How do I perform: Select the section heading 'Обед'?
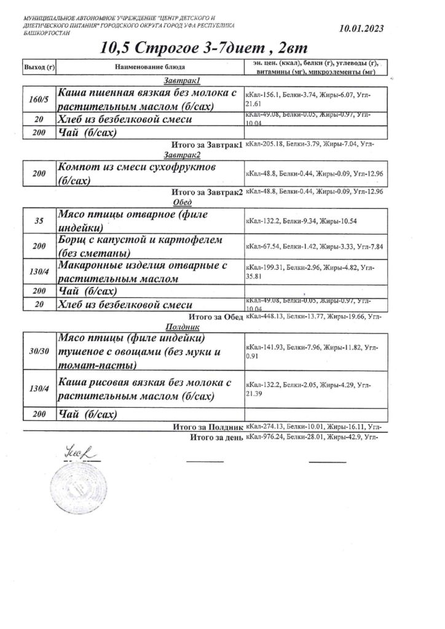[x=183, y=203]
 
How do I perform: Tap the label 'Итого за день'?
[x=219, y=437]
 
